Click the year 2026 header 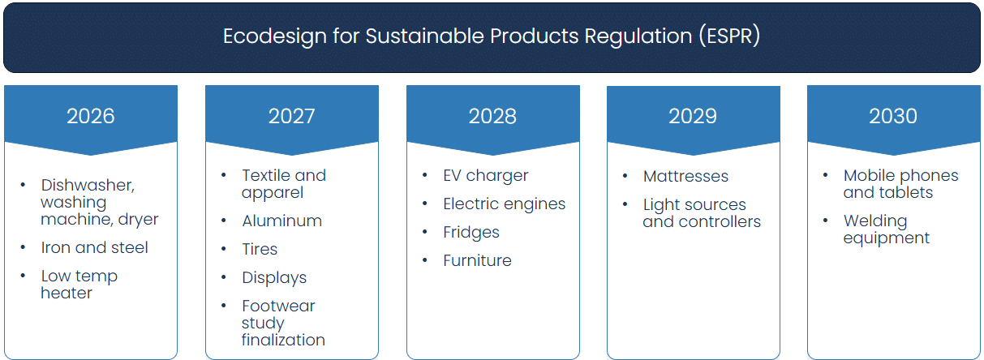click(x=91, y=116)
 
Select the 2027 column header click(x=291, y=116)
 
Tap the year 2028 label click(x=492, y=116)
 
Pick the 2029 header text click(x=693, y=116)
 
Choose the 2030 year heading click(x=893, y=116)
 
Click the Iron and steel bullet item click(x=94, y=247)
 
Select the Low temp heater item click(x=79, y=284)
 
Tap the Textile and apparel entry click(x=283, y=183)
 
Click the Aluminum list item click(x=281, y=221)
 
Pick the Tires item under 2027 click(x=260, y=249)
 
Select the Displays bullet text click(x=274, y=277)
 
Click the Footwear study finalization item click(x=282, y=323)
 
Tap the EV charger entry click(x=485, y=175)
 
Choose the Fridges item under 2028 click(x=471, y=232)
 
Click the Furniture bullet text click(x=477, y=260)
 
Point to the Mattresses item click(x=685, y=176)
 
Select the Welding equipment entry click(x=886, y=229)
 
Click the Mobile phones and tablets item click(x=900, y=183)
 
